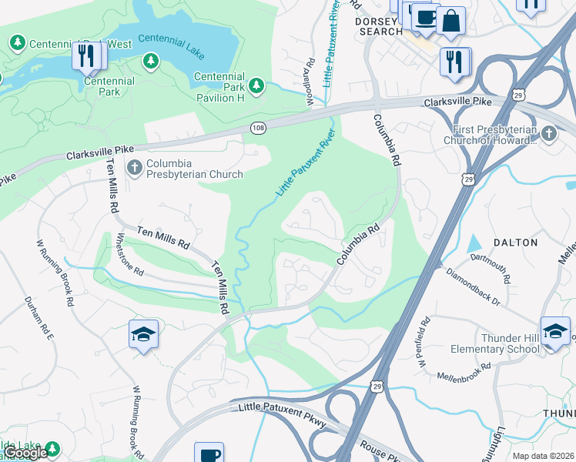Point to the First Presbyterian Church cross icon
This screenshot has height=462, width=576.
[548, 133]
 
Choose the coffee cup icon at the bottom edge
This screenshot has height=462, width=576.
[208, 454]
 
